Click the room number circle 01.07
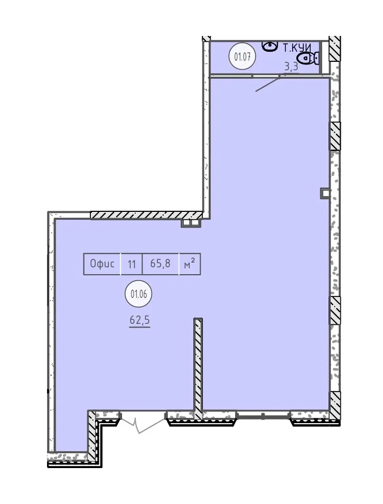click(242, 57)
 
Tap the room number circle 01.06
click(138, 294)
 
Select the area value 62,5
click(140, 321)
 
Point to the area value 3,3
click(292, 67)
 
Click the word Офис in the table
click(102, 264)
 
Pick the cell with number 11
click(132, 265)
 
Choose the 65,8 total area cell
click(161, 264)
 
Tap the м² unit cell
click(190, 264)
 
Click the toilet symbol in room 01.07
click(308, 58)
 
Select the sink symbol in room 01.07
click(269, 46)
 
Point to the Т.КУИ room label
click(297, 48)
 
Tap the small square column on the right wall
click(325, 193)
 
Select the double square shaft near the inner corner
click(191, 222)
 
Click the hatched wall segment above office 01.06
click(146, 215)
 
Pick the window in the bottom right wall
click(263, 416)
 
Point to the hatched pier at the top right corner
click(334, 48)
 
